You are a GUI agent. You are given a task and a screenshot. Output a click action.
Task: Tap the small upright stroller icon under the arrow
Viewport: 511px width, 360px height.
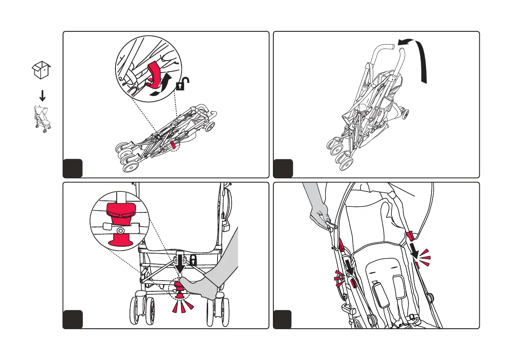coord(41,119)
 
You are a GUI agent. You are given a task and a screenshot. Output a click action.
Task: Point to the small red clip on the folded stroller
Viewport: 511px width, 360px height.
coord(173,145)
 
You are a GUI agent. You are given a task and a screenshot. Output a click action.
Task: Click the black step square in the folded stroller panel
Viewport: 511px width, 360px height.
coord(72,168)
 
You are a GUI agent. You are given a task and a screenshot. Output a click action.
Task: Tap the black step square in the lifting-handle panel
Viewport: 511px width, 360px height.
coord(282,168)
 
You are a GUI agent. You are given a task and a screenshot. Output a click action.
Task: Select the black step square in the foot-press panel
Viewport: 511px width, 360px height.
coord(72,319)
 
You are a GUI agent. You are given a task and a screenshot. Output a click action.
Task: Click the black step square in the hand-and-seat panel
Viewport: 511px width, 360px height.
coord(282,319)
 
